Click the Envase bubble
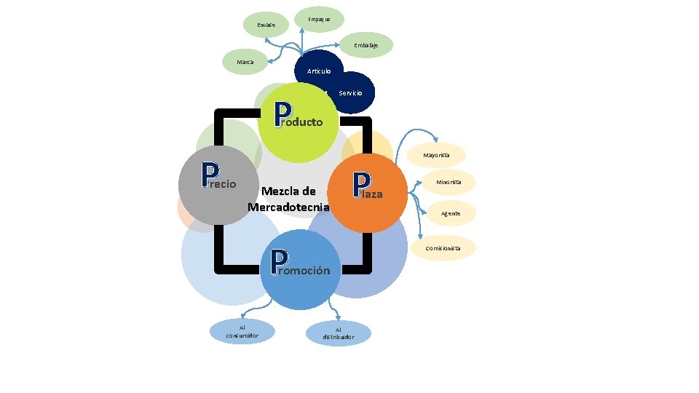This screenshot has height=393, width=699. [x=266, y=25]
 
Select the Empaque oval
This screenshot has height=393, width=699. [x=319, y=18]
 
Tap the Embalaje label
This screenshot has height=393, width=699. [x=366, y=45]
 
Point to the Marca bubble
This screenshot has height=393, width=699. [x=245, y=62]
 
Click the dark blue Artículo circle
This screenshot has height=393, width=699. [x=319, y=71]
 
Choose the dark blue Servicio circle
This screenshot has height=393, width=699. [x=350, y=93]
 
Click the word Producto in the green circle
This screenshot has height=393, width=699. [x=306, y=122]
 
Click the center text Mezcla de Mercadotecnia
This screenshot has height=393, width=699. [x=288, y=199]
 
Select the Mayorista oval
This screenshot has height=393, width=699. [x=437, y=155]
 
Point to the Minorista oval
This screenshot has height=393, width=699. [x=449, y=182]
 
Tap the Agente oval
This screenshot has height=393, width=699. [x=450, y=213]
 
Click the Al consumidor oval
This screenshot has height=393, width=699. [x=243, y=331]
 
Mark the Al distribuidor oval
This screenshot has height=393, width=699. [x=339, y=333]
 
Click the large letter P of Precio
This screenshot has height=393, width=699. [x=210, y=174]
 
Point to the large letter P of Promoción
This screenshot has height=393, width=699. [x=279, y=263]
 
